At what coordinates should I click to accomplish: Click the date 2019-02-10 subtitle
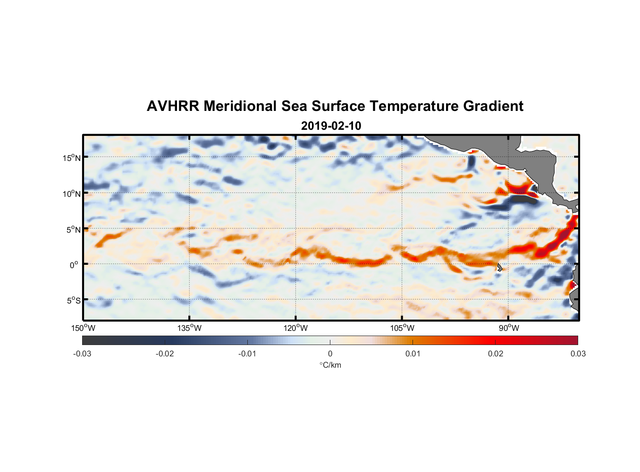pos(331,126)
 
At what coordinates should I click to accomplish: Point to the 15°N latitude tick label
pos(72,158)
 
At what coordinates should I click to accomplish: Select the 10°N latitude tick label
pos(72,194)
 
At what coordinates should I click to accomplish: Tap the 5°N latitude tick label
pos(73,229)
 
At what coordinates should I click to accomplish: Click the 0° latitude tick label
pos(74,265)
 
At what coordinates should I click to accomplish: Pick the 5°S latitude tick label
pos(73,301)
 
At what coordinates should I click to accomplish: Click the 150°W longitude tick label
pos(84,328)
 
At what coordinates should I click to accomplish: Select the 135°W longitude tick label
pos(190,328)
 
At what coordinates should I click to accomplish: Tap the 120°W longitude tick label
pos(296,328)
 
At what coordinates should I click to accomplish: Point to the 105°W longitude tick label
pos(402,328)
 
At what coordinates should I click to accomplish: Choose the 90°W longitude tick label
pos(509,328)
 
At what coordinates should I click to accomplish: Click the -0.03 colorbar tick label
pos(82,354)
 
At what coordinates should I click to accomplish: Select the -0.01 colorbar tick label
pos(247,354)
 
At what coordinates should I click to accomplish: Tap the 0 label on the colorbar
pos(330,354)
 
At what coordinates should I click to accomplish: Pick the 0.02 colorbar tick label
pos(496,354)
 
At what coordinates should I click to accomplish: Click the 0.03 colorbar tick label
pos(578,354)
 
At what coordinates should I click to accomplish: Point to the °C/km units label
pos(330,365)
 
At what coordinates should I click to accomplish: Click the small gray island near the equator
pos(499,267)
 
